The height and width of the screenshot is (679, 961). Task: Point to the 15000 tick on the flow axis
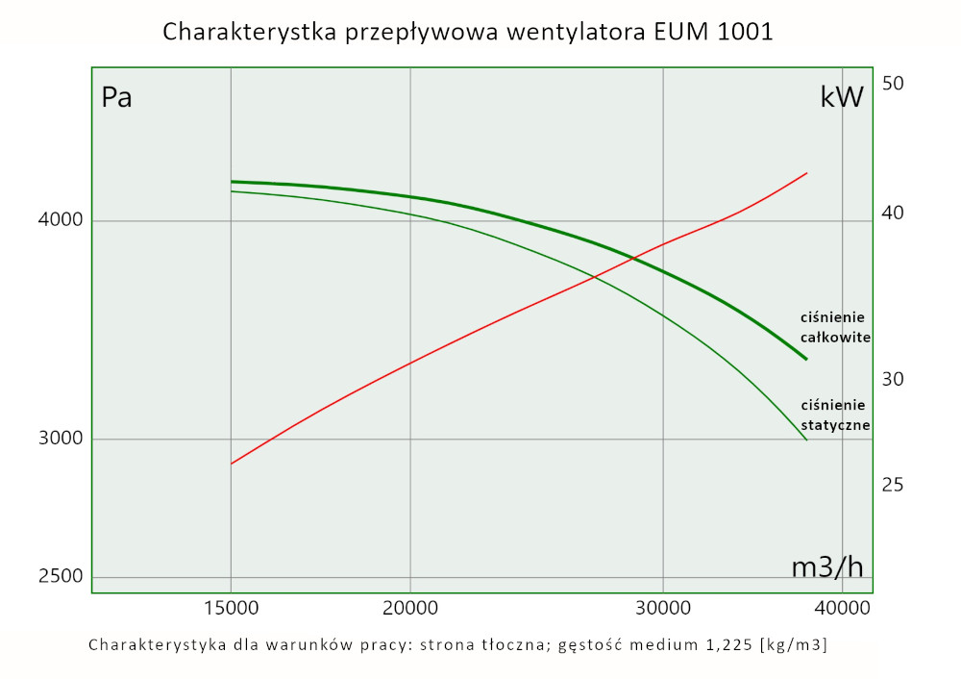click(x=231, y=609)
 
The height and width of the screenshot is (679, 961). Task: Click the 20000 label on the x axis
click(x=410, y=609)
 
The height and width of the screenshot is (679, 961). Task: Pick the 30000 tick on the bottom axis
click(x=663, y=609)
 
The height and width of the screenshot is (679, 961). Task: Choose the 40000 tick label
click(x=841, y=609)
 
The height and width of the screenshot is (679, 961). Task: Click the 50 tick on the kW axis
click(x=893, y=84)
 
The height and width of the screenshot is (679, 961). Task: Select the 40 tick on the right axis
click(x=893, y=213)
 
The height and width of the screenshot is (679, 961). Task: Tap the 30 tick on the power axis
click(x=893, y=379)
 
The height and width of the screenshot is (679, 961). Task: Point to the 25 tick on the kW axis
click(x=893, y=485)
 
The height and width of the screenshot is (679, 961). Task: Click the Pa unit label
click(x=116, y=98)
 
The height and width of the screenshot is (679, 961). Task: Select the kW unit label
click(x=842, y=97)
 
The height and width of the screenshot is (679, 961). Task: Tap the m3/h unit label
click(x=827, y=567)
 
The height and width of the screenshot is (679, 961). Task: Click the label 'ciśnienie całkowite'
click(x=835, y=327)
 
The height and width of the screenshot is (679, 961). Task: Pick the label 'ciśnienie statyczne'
click(x=835, y=415)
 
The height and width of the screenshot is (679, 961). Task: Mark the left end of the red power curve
click(x=232, y=464)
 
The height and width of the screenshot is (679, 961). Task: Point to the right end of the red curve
click(x=806, y=173)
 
